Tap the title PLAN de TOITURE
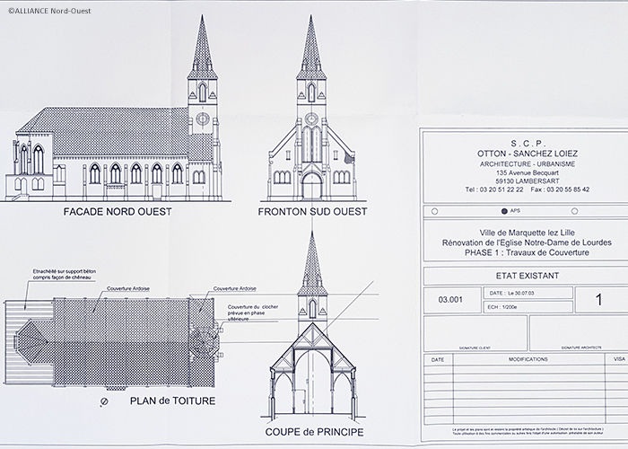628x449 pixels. tap(172, 401)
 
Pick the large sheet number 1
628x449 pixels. tap(598, 300)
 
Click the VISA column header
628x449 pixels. tap(619, 357)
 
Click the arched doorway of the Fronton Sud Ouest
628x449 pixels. tap(310, 186)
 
